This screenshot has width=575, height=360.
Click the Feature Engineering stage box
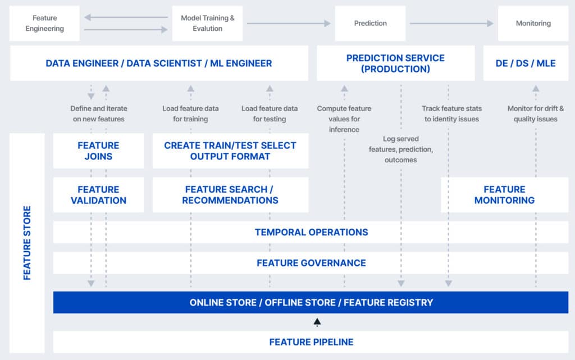coord(44,24)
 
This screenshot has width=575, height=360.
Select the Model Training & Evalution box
coord(207,24)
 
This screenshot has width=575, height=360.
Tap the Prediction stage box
coord(370,24)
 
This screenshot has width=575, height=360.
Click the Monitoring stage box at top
coord(533,24)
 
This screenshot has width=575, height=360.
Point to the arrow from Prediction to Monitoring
coord(451,24)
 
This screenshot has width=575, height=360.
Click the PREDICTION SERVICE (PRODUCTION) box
coord(395,63)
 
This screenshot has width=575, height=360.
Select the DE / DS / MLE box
coord(526,63)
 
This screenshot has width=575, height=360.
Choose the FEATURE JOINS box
coord(98,151)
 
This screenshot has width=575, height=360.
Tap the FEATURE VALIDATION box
coord(98,195)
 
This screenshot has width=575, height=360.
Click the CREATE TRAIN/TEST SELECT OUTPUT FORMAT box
coord(230,151)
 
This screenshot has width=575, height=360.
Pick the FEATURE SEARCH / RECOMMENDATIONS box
coord(230,195)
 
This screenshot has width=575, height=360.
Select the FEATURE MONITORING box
coord(504,195)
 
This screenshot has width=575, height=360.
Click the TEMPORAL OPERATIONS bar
coord(311,232)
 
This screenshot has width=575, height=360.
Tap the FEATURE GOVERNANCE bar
coord(311,263)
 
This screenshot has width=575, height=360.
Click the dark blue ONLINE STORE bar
coord(311,302)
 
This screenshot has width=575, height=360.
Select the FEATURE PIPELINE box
coord(311,341)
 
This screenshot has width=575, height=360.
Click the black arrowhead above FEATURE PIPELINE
coord(317,322)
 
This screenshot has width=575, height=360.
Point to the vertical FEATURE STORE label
coord(27,243)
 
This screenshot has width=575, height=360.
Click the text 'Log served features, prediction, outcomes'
coord(400,149)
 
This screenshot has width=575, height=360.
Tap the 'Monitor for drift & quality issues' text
coord(535,113)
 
